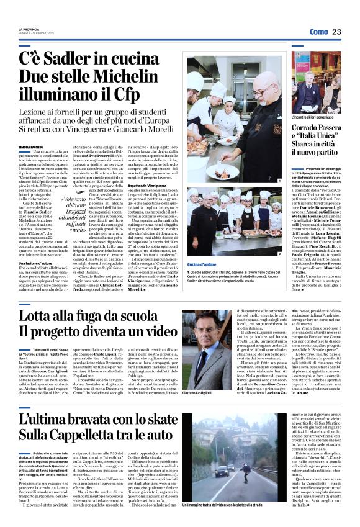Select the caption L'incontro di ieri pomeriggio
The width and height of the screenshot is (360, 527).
[311, 116]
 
